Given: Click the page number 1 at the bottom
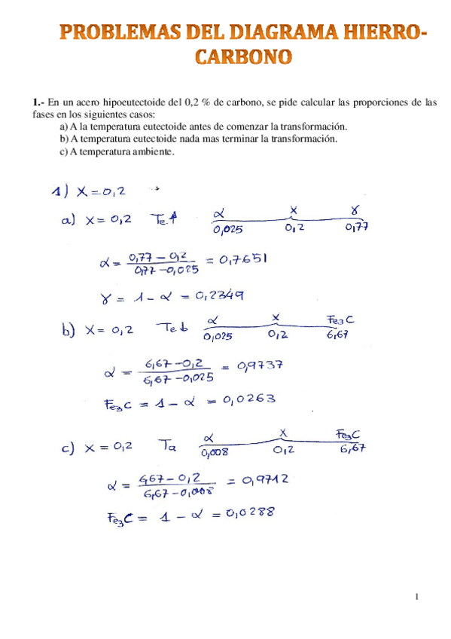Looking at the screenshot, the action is click(416, 597).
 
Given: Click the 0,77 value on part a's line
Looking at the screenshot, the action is click(357, 227).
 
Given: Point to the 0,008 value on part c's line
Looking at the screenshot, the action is click(215, 453).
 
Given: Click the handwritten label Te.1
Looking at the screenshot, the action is click(165, 219).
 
